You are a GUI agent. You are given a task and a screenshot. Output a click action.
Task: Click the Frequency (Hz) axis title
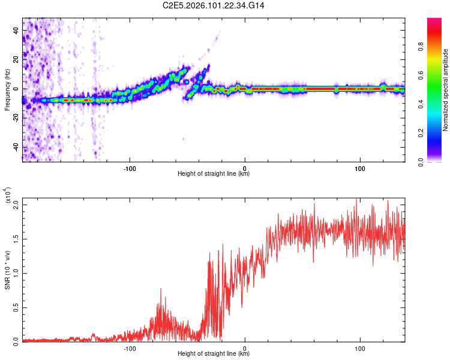(x=7, y=89)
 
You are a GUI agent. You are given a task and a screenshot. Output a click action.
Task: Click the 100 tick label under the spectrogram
(x=360, y=168)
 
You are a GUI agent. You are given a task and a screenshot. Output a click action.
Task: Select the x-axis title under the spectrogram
(x=214, y=174)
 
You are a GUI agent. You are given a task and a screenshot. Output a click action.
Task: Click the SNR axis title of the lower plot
(x=8, y=271)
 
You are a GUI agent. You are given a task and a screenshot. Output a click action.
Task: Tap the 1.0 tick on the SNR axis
(x=16, y=273)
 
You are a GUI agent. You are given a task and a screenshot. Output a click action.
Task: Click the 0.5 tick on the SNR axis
(x=16, y=307)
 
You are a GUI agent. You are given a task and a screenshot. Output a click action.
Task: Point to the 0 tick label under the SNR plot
(x=245, y=348)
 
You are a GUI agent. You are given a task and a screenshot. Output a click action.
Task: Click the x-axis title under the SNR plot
(x=214, y=354)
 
